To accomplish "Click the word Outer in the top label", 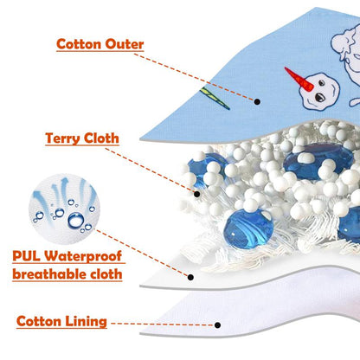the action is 125,44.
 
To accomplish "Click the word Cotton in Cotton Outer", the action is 79,44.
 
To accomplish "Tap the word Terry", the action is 62,138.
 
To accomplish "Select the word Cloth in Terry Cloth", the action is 101,138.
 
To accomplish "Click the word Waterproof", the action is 83,256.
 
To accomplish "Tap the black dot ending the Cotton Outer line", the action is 257,101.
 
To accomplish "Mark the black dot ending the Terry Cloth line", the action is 197,194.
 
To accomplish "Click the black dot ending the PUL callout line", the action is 190,277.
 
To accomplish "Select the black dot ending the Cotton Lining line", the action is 218,325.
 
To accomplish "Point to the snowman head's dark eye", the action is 319,97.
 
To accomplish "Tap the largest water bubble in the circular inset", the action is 76,220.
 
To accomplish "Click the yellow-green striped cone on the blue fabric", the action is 215,98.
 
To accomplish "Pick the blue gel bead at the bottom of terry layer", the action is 248,228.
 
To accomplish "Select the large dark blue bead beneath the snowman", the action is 318,161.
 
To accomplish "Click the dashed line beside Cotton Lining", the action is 162,325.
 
